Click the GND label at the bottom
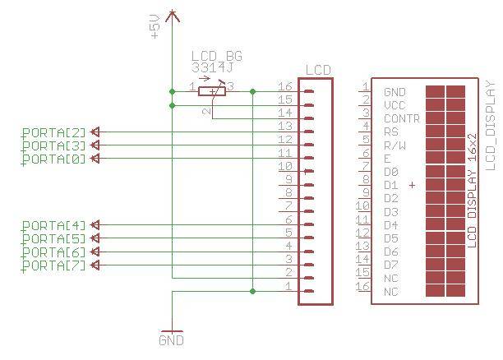pyautogui.click(x=171, y=339)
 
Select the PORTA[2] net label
pyautogui.click(x=53, y=132)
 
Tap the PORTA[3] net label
pyautogui.click(x=53, y=145)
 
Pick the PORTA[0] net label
pyautogui.click(x=53, y=158)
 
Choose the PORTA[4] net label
pyautogui.click(x=53, y=224)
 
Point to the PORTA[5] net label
pyautogui.click(x=53, y=238)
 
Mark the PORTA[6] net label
pyautogui.click(x=53, y=252)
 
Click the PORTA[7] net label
pyautogui.click(x=53, y=265)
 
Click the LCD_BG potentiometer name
pyautogui.click(x=216, y=57)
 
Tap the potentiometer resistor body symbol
pyautogui.click(x=212, y=91)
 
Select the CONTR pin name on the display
pyautogui.click(x=402, y=118)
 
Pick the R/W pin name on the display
pyautogui.click(x=395, y=145)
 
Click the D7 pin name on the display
pyautogui.click(x=391, y=265)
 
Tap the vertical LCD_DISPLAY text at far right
pyautogui.click(x=491, y=125)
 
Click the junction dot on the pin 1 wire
pyautogui.click(x=252, y=291)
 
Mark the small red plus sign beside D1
pyautogui.click(x=412, y=186)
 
